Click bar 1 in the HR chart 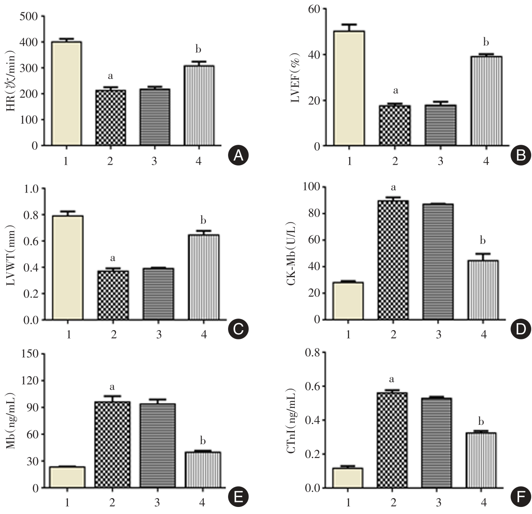[66, 93]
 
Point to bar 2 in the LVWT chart [113, 295]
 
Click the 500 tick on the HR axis [29, 17]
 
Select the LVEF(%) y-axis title [296, 77]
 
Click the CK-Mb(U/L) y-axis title [296, 253]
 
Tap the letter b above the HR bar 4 [198, 50]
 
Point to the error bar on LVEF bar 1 [349, 27]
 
